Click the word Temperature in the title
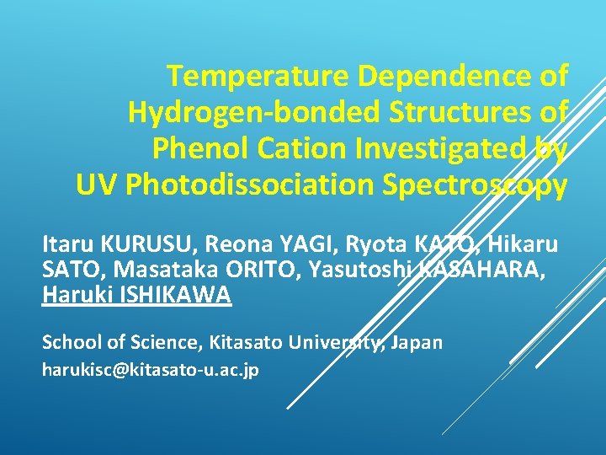click(258, 78)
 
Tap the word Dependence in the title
click(441, 78)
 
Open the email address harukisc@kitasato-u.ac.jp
click(151, 370)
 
